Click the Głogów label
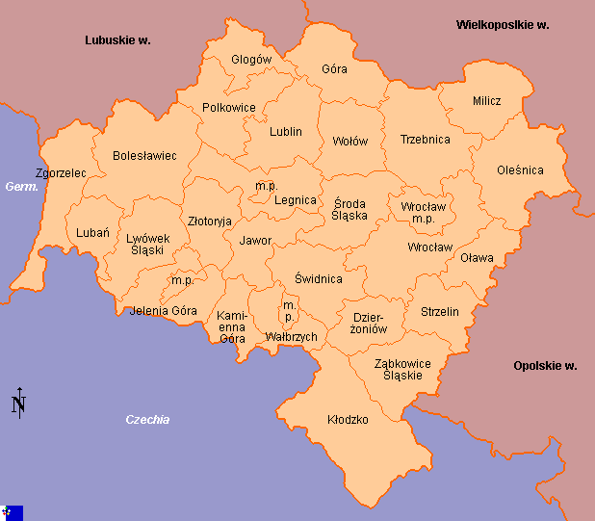point(251,60)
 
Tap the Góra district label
point(334,69)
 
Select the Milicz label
point(486,101)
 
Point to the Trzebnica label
point(425,140)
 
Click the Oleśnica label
point(520,170)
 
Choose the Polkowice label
point(229,108)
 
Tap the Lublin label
point(286,132)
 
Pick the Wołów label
point(349,142)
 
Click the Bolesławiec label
point(144,155)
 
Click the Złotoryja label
point(210,221)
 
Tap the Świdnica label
point(318,279)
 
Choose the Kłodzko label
point(348,420)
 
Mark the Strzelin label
point(440,312)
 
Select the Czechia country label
point(147,420)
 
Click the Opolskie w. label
point(545,366)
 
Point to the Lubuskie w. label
point(117,40)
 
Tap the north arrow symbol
point(18,404)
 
